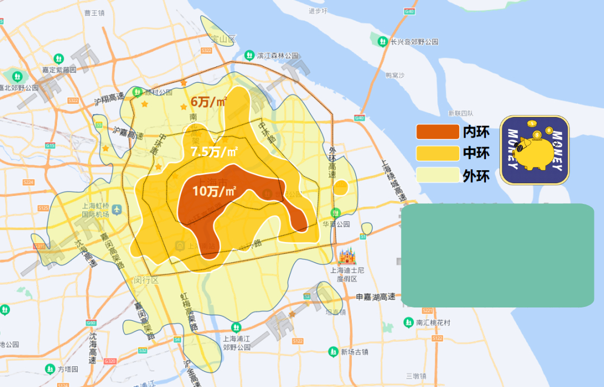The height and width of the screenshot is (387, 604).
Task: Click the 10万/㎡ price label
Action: tap(214, 191)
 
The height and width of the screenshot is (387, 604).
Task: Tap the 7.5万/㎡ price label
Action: tap(214, 152)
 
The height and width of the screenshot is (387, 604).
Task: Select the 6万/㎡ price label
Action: tap(209, 102)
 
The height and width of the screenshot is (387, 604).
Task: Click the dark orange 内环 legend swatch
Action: tap(437, 132)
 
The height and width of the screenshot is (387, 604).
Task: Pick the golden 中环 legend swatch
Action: tap(437, 153)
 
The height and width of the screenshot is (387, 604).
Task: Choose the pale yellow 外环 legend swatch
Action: tap(437, 175)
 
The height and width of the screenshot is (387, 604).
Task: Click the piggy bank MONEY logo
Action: tap(534, 150)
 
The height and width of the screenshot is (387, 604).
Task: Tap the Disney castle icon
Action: tap(347, 257)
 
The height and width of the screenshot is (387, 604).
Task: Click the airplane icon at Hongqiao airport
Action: tap(117, 209)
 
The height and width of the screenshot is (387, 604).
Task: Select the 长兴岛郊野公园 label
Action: tap(414, 42)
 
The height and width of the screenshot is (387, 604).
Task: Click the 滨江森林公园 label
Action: tap(277, 56)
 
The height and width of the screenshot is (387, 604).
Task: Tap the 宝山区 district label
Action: tap(224, 39)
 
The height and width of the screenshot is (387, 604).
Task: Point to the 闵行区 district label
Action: tap(147, 279)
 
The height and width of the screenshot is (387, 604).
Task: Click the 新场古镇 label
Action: tap(355, 352)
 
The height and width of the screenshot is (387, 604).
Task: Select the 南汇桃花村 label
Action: tap(433, 323)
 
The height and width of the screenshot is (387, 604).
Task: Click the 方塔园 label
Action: tap(68, 370)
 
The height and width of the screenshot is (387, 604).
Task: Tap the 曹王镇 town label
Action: tap(93, 12)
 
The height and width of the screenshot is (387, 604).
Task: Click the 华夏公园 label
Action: tap(336, 224)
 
